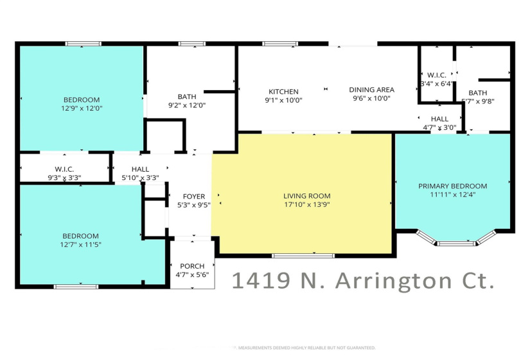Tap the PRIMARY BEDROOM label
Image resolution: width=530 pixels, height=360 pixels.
click(x=452, y=186)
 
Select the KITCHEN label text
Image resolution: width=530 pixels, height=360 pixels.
click(x=283, y=91)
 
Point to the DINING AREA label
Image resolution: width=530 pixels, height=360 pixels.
click(x=371, y=90)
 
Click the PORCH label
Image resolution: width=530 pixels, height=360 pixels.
click(x=191, y=266)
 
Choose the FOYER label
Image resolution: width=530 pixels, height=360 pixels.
click(x=193, y=197)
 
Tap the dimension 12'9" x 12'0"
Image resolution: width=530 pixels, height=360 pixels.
click(x=81, y=109)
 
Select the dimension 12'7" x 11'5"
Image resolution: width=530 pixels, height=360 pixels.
click(x=80, y=245)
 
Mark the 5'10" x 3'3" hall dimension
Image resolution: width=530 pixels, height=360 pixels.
click(x=140, y=177)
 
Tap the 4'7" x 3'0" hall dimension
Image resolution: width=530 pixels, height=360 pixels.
click(x=439, y=128)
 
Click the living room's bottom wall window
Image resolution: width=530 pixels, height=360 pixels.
click(x=303, y=256)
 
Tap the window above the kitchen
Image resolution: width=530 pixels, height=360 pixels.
click(x=275, y=44)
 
